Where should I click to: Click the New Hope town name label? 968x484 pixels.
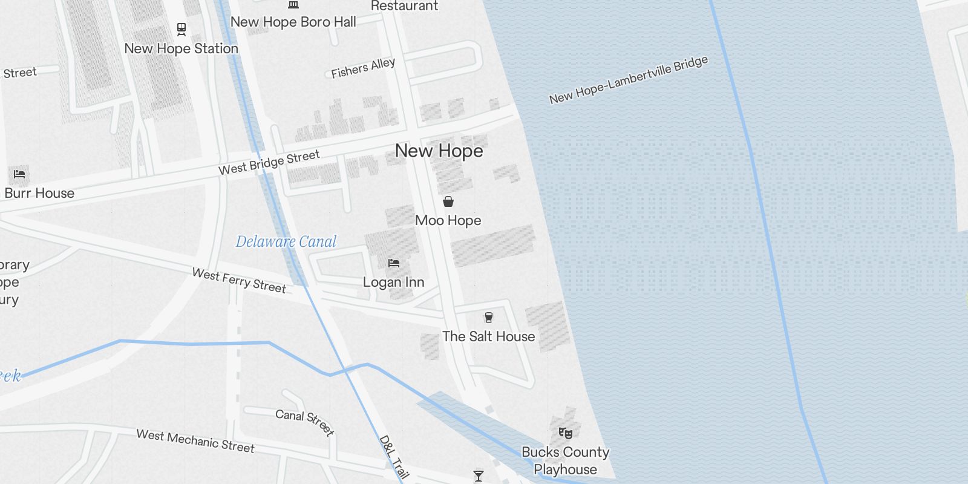pyautogui.click(x=439, y=151)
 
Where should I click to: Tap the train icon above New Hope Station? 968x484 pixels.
pyautogui.click(x=181, y=28)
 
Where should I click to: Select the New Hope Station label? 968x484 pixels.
pyautogui.click(x=181, y=48)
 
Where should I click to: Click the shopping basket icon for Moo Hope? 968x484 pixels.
pyautogui.click(x=448, y=201)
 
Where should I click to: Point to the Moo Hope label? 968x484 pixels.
pyautogui.click(x=448, y=221)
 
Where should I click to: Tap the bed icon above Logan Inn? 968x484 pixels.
pyautogui.click(x=394, y=263)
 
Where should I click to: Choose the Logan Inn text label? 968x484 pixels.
pyautogui.click(x=394, y=283)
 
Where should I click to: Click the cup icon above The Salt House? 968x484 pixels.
pyautogui.click(x=489, y=317)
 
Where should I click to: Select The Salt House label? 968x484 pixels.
pyautogui.click(x=489, y=336)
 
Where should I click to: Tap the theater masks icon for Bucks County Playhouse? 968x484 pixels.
pyautogui.click(x=566, y=433)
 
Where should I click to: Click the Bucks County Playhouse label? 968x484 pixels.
pyautogui.click(x=566, y=460)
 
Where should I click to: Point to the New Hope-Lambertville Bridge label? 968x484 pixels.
pyautogui.click(x=629, y=79)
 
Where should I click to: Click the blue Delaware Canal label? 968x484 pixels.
pyautogui.click(x=286, y=242)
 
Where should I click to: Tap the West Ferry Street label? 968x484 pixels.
pyautogui.click(x=239, y=281)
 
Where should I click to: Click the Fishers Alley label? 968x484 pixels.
pyautogui.click(x=363, y=68)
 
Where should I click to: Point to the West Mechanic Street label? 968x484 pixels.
pyautogui.click(x=195, y=441)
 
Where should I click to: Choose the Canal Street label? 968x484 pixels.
pyautogui.click(x=304, y=422)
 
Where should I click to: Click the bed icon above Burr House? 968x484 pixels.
pyautogui.click(x=19, y=174)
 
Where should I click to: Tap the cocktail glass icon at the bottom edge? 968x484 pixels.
pyautogui.click(x=479, y=476)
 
